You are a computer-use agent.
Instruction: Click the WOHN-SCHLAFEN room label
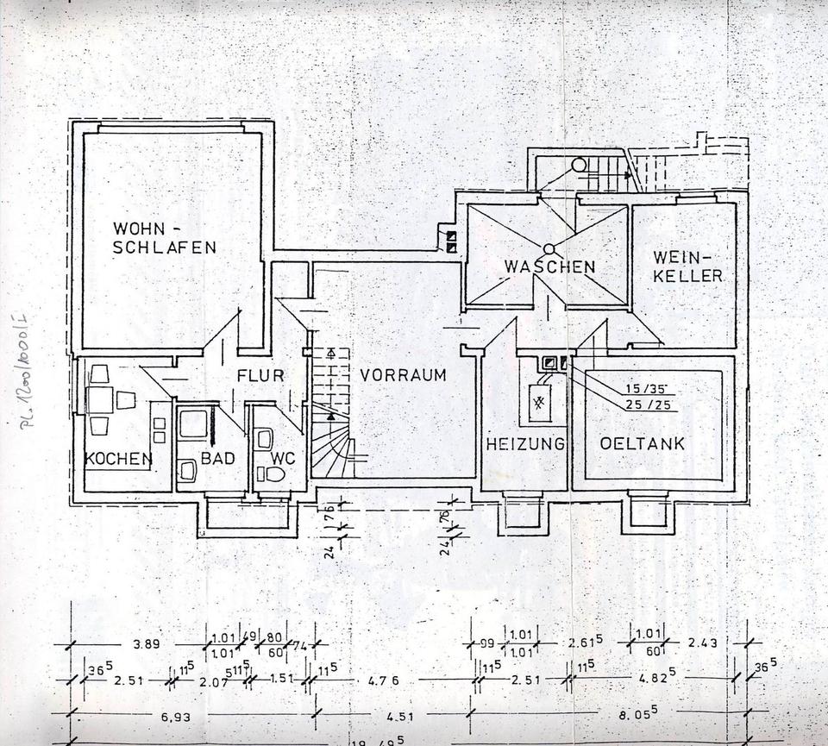coord(164,238)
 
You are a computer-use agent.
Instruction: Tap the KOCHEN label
coord(118,459)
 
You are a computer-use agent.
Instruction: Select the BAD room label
coord(217,459)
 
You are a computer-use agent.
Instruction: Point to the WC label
coord(283,459)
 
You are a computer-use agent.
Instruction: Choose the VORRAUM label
coord(403,375)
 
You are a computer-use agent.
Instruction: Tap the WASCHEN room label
coord(549,266)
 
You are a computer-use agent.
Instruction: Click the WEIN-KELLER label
coord(687,267)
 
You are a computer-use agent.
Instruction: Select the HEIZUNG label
coord(524,444)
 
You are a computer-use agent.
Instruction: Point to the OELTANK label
coord(643,444)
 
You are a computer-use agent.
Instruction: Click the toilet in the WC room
coord(274,473)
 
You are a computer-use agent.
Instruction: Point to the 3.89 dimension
coord(147,644)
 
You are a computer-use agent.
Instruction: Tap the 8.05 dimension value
coord(638,713)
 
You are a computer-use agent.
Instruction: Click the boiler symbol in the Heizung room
coord(541,403)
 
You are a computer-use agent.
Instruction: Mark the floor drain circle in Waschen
coord(549,249)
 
